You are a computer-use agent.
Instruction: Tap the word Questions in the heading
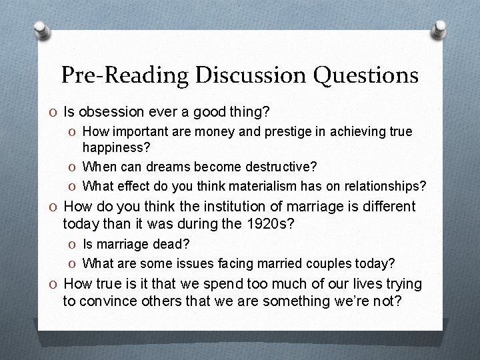[x=368, y=75]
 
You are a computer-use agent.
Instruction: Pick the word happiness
[x=114, y=148]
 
